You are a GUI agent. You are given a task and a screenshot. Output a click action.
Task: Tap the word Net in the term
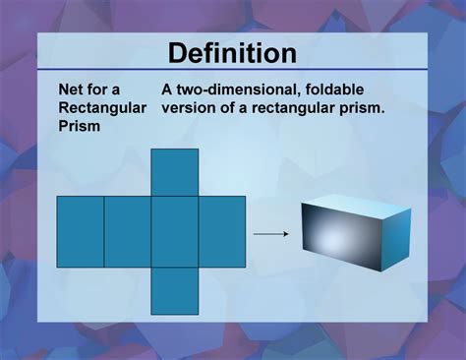[x=72, y=89]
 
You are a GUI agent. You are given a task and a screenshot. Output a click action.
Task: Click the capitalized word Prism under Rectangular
[x=81, y=124]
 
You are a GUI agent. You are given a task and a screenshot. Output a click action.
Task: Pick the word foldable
[x=344, y=89]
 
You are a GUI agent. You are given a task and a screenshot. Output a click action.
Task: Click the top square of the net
[x=175, y=172]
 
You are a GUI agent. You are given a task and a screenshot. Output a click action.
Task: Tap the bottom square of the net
[x=175, y=290]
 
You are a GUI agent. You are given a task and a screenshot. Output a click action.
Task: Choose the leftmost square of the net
[x=81, y=231]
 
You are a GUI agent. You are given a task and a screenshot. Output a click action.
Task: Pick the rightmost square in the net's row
[x=222, y=231]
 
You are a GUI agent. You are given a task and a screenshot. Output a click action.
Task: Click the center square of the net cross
[x=175, y=231]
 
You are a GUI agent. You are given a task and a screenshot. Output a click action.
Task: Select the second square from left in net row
[x=128, y=231]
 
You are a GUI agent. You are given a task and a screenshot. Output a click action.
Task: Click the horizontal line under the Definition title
[x=232, y=70]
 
